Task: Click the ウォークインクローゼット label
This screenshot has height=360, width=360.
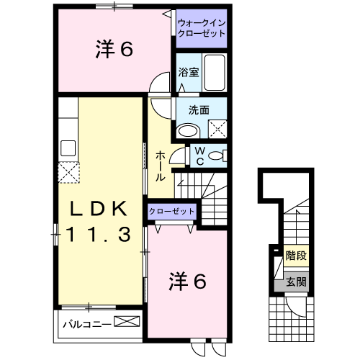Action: pos(202,28)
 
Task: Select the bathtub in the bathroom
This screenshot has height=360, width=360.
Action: pos(214,72)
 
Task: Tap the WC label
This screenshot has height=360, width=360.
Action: pos(200,156)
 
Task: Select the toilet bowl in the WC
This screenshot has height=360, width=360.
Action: pos(220,156)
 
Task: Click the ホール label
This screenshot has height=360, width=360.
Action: pos(161,165)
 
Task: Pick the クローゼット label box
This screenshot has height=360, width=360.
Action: pos(172,212)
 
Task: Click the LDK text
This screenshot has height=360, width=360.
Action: pos(99,208)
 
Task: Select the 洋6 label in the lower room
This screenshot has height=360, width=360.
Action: pos(189,282)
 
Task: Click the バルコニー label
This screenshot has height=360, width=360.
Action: pos(86,323)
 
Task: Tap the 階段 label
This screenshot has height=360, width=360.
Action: pos(294,255)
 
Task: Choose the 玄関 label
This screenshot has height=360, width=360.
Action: pos(294,282)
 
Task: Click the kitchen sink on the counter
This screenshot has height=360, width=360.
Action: pos(68,148)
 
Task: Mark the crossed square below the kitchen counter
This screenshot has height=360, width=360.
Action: pos(68,173)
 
